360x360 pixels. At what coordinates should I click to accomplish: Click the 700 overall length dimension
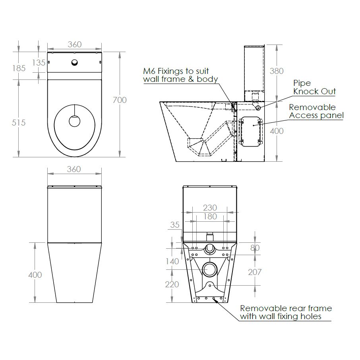click(x=119, y=100)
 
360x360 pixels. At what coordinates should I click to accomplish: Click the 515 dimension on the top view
click(x=18, y=123)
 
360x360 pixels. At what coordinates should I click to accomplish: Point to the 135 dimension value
click(x=39, y=62)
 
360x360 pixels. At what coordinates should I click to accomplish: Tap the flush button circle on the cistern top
click(x=74, y=62)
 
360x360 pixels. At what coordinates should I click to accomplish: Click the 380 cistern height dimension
click(x=277, y=71)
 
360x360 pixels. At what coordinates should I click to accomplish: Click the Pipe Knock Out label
click(x=314, y=87)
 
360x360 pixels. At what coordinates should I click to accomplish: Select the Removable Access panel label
click(x=316, y=111)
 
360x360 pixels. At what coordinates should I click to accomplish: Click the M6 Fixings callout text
click(x=181, y=75)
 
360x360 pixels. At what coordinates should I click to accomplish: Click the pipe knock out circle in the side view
click(x=258, y=108)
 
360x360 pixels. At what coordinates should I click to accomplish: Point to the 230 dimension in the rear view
click(x=210, y=208)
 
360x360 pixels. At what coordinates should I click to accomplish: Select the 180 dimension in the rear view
click(x=210, y=217)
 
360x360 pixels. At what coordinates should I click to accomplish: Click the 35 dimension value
click(x=175, y=225)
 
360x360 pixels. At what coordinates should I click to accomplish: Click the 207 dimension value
click(x=255, y=272)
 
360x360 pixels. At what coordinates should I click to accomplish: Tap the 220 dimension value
click(x=172, y=285)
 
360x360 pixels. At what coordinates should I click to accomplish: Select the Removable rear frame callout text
click(x=285, y=312)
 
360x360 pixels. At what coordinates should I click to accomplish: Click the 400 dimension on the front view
click(x=35, y=275)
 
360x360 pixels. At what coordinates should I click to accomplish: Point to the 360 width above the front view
click(x=74, y=169)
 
